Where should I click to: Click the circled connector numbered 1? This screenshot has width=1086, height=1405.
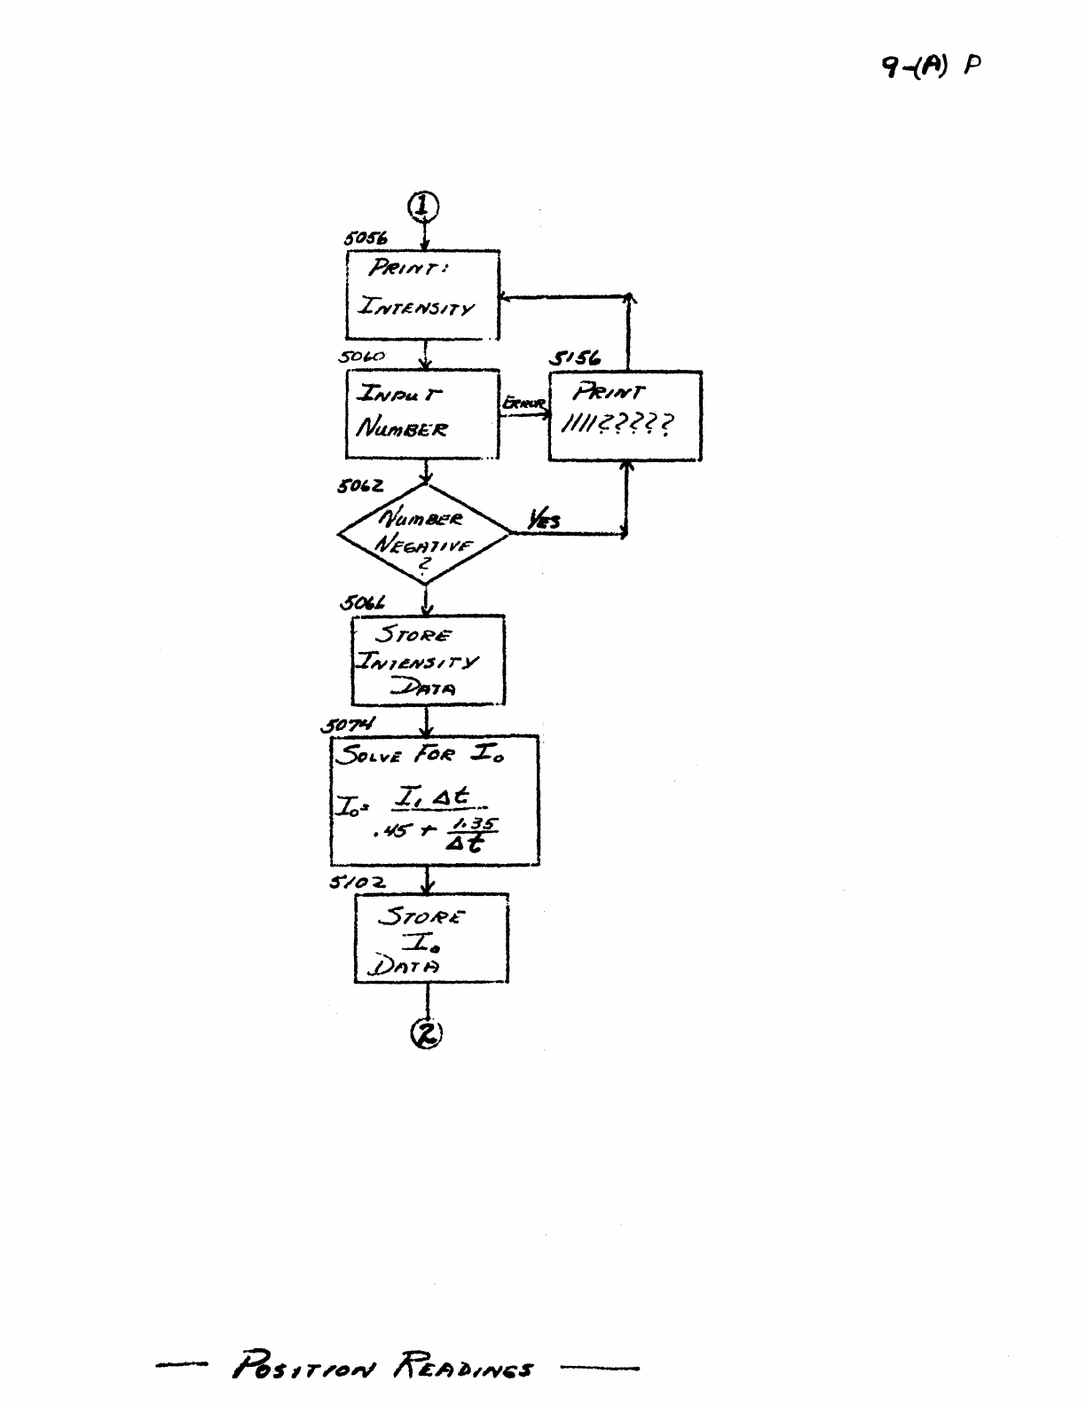tap(424, 206)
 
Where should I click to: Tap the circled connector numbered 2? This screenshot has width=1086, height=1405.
tap(427, 1032)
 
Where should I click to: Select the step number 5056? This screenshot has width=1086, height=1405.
tap(366, 239)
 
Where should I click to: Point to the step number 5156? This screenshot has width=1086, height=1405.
tap(575, 358)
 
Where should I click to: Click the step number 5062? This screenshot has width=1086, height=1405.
tap(361, 487)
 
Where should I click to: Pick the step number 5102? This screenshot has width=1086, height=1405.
tap(357, 883)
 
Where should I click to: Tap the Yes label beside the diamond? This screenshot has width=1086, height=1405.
tap(543, 521)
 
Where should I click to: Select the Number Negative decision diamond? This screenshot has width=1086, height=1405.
tap(424, 534)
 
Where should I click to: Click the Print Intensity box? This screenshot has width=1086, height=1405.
tap(422, 294)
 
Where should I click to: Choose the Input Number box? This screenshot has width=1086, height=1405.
tap(422, 414)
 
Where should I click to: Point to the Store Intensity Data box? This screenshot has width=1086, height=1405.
tap(428, 661)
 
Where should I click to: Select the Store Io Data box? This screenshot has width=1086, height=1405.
tap(431, 938)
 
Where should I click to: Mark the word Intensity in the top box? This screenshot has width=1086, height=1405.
tap(416, 308)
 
